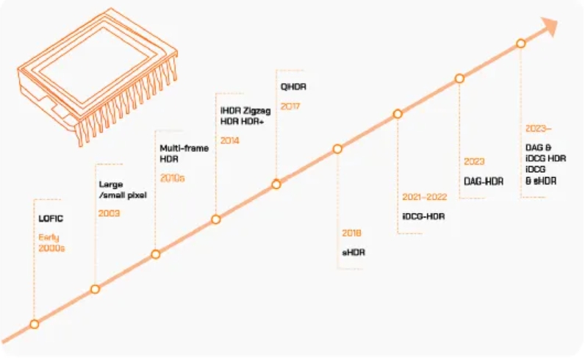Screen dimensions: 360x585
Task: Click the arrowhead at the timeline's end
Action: tap(548, 26)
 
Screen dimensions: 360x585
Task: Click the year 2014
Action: tap(230, 140)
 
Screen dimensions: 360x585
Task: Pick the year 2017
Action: tap(290, 106)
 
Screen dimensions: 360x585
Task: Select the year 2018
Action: tap(352, 233)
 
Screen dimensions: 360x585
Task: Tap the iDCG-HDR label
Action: tap(424, 216)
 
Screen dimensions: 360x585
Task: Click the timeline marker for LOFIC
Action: tap(34, 324)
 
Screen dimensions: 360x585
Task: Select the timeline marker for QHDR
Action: tap(276, 184)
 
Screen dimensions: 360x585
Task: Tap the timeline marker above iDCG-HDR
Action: tap(398, 114)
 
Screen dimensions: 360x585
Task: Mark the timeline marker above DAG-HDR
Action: tap(459, 78)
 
